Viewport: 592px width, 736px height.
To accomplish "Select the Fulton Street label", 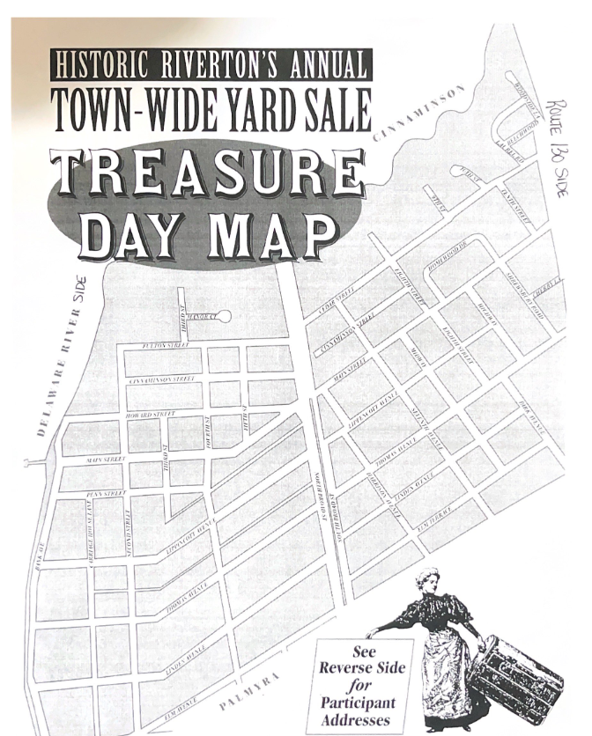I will (x=165, y=345).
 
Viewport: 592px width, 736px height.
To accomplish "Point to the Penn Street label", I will (x=106, y=494).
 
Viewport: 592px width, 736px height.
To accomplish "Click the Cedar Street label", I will (x=335, y=297).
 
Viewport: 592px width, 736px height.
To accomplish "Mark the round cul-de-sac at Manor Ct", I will (x=224, y=315).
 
